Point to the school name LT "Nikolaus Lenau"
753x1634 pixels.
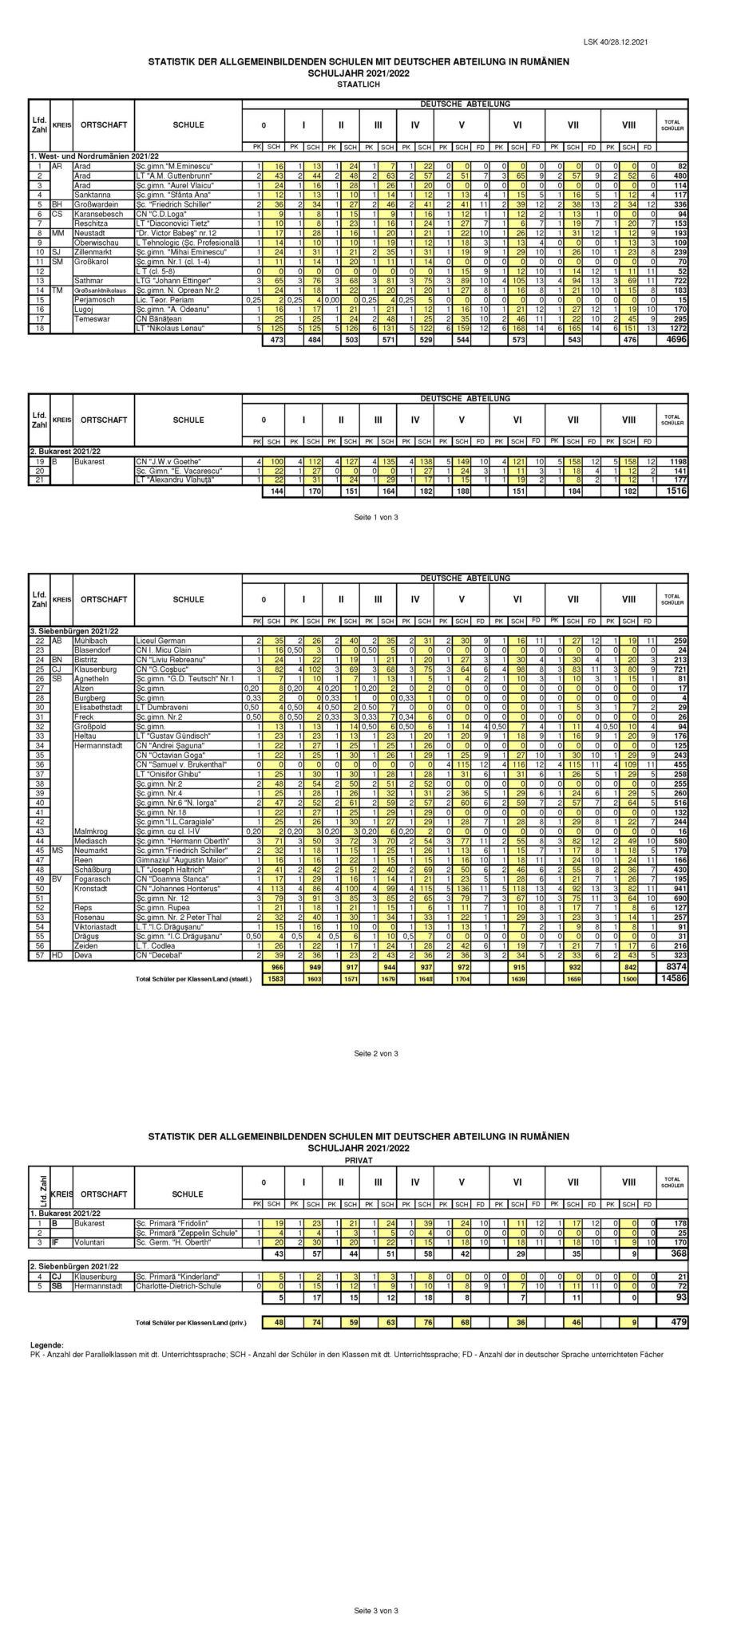point(168,328)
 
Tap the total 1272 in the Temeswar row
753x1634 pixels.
point(679,328)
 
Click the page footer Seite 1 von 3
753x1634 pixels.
point(375,517)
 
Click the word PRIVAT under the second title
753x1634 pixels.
point(359,1160)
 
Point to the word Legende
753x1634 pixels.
point(46,1344)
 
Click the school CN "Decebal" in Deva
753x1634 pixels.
point(157,977)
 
